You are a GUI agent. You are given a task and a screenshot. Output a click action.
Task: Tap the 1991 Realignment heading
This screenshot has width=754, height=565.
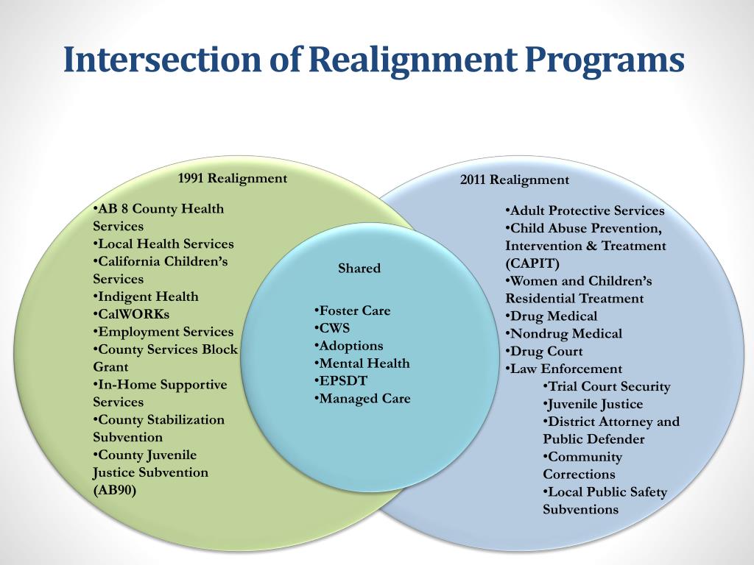coord(233,178)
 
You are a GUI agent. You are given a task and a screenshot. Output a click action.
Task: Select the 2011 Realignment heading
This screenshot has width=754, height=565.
coord(515,180)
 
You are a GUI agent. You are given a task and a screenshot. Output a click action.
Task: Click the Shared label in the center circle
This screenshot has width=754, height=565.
coord(359,269)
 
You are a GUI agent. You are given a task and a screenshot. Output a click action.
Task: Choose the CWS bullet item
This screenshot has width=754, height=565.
coord(334,328)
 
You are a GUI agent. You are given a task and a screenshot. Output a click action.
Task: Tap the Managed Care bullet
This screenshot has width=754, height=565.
coord(364,399)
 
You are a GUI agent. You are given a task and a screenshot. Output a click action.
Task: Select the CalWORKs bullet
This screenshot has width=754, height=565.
coord(133,314)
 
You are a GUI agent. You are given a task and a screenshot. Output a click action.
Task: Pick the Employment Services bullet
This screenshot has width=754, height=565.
coord(166,332)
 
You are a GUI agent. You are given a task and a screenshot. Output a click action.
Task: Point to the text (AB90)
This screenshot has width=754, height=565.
coord(115,490)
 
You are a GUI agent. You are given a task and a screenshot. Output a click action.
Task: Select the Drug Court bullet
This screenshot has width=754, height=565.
coord(546,352)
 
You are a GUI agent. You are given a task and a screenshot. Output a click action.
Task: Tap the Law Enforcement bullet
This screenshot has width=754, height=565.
coord(565,369)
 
